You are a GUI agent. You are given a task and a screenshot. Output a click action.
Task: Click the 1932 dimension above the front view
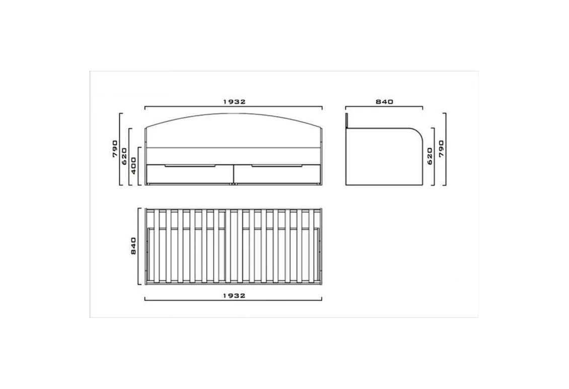(234, 102)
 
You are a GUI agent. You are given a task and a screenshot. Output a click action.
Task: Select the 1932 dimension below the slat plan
(234, 296)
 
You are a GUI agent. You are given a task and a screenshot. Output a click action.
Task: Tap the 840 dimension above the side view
(384, 102)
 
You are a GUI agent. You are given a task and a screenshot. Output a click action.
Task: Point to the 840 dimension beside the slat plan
(133, 246)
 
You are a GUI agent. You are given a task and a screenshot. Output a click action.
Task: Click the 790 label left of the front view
(115, 148)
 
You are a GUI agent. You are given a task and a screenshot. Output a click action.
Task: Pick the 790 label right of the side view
(441, 148)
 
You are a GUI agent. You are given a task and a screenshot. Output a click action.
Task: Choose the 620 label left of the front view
(124, 157)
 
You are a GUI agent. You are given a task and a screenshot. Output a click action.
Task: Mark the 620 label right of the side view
(430, 157)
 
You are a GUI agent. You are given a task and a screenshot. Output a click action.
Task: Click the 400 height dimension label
(133, 166)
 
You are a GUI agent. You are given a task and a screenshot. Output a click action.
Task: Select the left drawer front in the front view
(189, 174)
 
